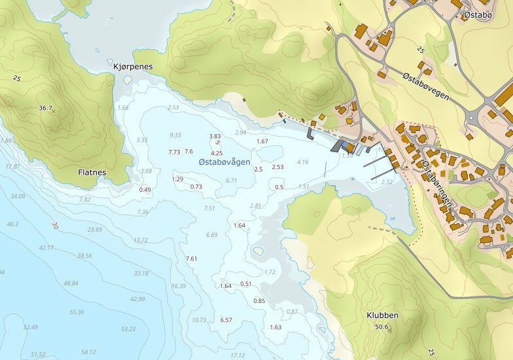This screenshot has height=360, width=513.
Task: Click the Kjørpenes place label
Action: coord(133,67)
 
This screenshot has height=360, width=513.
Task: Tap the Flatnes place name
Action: coord(92,173)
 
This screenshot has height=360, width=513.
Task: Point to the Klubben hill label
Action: coord(382,315)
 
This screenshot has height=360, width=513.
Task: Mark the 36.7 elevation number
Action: coord(45,108)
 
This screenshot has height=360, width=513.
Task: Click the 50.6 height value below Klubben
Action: coord(381,327)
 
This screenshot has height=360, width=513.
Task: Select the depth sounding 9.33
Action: coord(175,135)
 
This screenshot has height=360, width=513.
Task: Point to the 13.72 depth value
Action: coord(141,240)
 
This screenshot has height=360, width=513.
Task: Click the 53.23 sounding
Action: coord(128,329)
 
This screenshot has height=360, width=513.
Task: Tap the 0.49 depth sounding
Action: coord(145,190)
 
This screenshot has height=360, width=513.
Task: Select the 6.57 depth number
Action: coord(226,320)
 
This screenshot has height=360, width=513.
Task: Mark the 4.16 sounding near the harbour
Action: coord(302,162)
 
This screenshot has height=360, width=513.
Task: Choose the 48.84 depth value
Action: coord(71,283)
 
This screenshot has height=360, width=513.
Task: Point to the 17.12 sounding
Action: coord(238,355)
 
